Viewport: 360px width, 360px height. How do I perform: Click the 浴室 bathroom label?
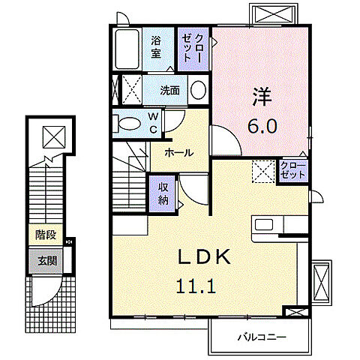click(156, 47)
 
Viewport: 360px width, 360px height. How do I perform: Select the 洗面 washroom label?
click(169, 91)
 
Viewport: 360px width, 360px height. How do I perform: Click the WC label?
click(151, 122)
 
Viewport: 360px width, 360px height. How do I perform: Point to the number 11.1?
click(192, 285)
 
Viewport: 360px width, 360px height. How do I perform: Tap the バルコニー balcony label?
click(262, 337)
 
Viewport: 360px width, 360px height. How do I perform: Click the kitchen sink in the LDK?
click(266, 225)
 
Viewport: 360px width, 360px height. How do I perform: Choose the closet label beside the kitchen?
click(293, 169)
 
